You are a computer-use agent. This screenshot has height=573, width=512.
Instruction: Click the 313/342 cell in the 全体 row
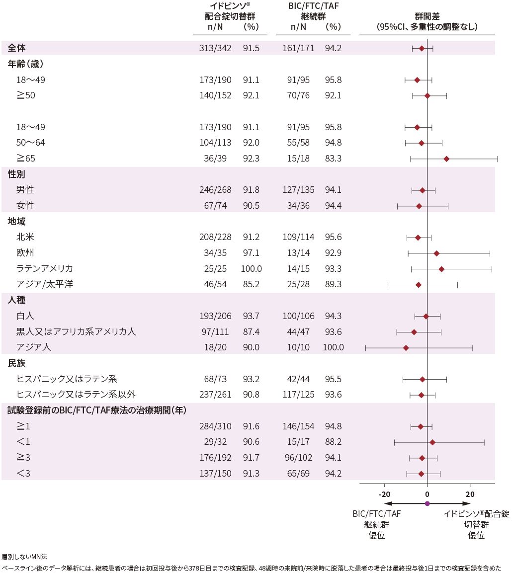click(212, 48)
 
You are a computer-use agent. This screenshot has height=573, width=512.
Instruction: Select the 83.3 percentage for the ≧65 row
click(333, 159)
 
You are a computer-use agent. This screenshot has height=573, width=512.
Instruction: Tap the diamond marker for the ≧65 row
click(446, 159)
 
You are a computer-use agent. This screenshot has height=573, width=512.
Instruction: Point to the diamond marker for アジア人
click(406, 347)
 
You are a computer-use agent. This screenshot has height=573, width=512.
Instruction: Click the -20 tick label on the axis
click(384, 494)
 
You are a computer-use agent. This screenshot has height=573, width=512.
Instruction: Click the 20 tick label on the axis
click(470, 494)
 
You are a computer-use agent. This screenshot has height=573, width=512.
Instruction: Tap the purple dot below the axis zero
click(427, 504)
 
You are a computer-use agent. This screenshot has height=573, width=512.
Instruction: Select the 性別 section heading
click(16, 174)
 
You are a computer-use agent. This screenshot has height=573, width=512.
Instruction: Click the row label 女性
click(25, 206)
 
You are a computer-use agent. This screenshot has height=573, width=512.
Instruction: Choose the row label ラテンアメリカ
click(45, 269)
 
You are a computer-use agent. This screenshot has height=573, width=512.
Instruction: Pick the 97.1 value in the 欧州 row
click(251, 253)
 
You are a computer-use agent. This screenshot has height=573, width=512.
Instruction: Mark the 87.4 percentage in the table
click(251, 331)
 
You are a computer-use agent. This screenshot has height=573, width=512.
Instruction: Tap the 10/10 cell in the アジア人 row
click(299, 347)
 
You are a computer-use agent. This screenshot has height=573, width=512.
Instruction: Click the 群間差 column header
click(427, 16)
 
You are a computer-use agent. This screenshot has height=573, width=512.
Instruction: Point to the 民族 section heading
click(16, 363)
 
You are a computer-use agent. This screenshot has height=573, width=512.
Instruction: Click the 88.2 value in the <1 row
click(333, 442)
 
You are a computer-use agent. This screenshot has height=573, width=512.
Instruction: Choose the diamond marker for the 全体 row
click(422, 48)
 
